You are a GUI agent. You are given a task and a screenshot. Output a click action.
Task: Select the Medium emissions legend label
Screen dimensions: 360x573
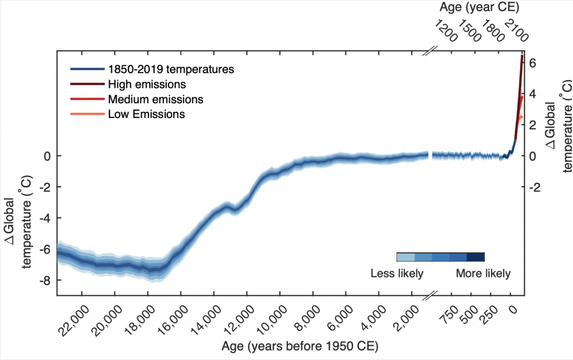pyautogui.click(x=155, y=99)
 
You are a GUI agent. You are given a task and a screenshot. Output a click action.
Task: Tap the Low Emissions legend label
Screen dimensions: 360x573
pyautogui.click(x=146, y=114)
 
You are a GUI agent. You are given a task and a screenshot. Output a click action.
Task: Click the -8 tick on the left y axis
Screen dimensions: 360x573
pyautogui.click(x=45, y=281)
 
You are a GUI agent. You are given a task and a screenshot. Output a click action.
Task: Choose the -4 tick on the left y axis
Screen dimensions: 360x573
pyautogui.click(x=45, y=218)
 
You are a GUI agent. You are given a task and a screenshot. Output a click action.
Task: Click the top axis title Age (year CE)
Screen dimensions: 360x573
pyautogui.click(x=480, y=7)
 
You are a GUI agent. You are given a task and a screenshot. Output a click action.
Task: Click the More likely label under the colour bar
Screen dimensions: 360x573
pyautogui.click(x=483, y=273)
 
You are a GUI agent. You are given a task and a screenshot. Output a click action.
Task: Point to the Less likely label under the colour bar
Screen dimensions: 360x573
pyautogui.click(x=396, y=273)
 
